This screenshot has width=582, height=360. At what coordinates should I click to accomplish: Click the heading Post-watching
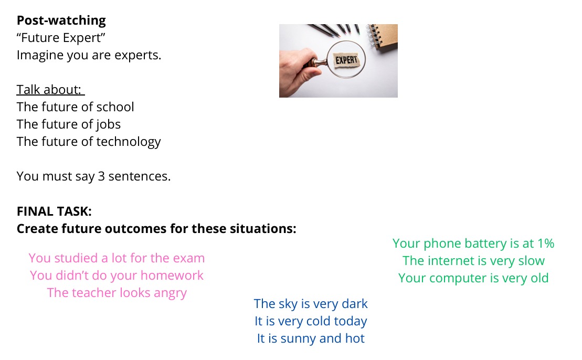point(61,21)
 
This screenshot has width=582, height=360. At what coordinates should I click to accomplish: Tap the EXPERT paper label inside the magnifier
point(346,60)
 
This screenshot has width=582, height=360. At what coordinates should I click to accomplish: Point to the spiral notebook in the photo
point(383,36)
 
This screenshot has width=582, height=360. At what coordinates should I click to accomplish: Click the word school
point(115,107)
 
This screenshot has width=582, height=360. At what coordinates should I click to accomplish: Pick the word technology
point(129,142)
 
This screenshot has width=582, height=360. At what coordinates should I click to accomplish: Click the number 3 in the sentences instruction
point(101,176)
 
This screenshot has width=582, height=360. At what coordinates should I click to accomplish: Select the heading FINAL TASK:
point(54,211)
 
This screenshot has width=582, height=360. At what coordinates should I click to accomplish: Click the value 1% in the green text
point(546,243)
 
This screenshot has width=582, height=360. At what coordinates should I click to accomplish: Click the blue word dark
point(354,304)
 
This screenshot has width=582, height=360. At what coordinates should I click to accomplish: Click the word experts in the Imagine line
point(137,56)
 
